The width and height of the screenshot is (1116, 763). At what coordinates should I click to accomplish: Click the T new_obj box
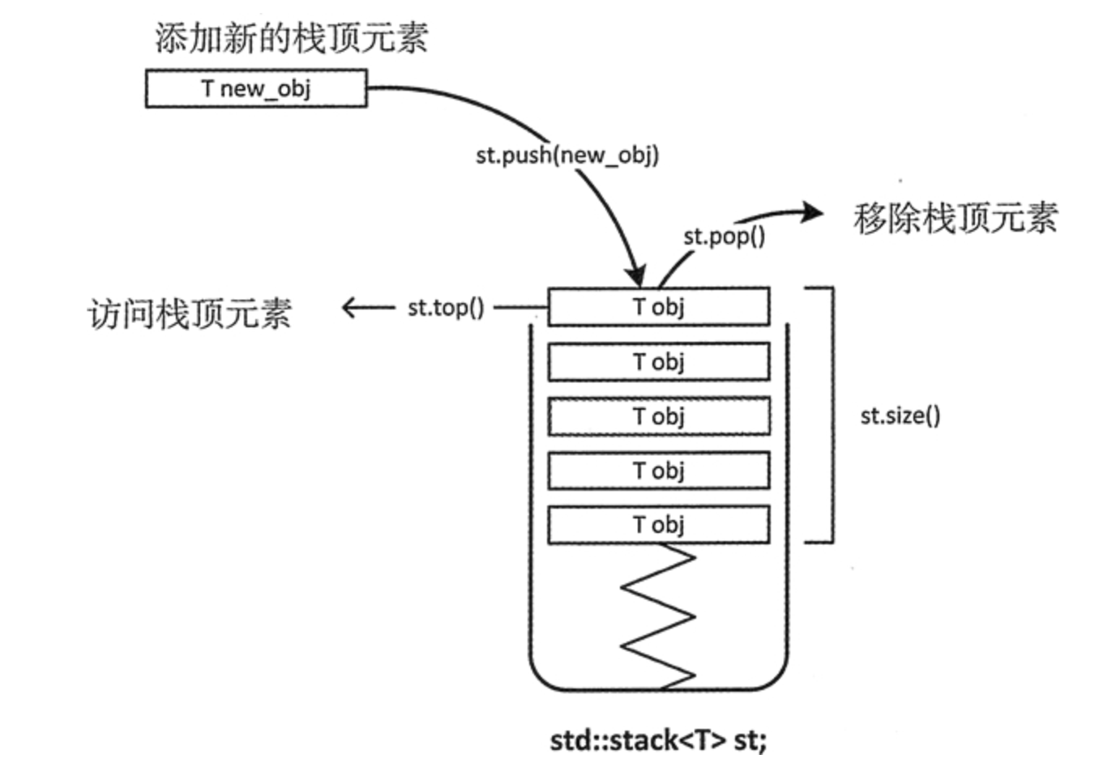pyautogui.click(x=255, y=88)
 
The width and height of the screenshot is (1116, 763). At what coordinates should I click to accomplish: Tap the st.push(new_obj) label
pyautogui.click(x=567, y=155)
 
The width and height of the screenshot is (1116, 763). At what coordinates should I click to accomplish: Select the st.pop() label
pyautogui.click(x=723, y=237)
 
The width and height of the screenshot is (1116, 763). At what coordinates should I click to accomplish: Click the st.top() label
pyautogui.click(x=445, y=308)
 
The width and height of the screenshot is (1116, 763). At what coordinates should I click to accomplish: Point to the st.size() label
pyautogui.click(x=900, y=416)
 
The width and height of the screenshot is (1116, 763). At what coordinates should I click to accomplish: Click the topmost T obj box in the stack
pyautogui.click(x=658, y=307)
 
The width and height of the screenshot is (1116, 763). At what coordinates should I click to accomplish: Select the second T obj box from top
pyautogui.click(x=658, y=362)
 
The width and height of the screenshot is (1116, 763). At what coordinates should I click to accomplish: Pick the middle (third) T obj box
pyautogui.click(x=658, y=416)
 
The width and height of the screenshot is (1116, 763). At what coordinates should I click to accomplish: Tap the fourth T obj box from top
pyautogui.click(x=658, y=471)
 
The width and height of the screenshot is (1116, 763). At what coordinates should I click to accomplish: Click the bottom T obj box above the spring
pyautogui.click(x=658, y=525)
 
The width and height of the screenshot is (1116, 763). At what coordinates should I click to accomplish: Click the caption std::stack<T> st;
pyautogui.click(x=657, y=740)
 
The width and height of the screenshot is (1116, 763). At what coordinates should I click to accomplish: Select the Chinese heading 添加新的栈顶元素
pyautogui.click(x=291, y=38)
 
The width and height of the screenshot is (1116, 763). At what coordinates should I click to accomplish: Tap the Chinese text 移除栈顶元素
pyautogui.click(x=955, y=218)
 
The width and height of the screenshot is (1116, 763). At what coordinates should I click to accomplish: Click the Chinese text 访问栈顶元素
pyautogui.click(x=189, y=313)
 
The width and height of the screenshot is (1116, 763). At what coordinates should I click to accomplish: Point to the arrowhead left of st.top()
pyautogui.click(x=350, y=308)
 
